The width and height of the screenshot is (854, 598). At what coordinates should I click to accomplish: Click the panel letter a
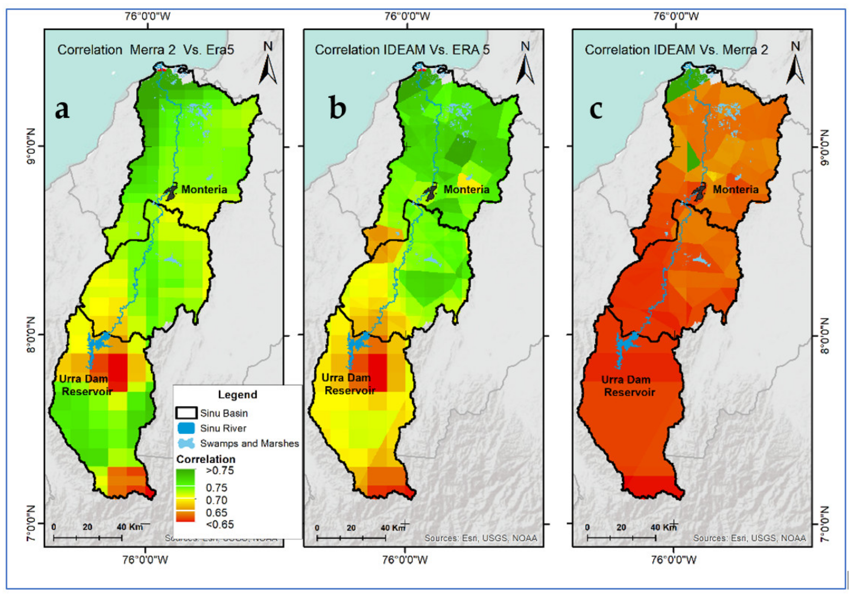pyautogui.click(x=62, y=109)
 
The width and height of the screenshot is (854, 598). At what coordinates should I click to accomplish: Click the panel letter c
pyautogui.click(x=596, y=110)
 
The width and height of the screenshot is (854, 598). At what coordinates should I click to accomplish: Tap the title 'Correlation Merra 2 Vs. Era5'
pyautogui.click(x=146, y=50)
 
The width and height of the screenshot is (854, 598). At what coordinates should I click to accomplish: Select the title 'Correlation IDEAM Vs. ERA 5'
pyautogui.click(x=402, y=50)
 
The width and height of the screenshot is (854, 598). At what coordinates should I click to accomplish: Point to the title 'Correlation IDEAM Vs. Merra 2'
pyautogui.click(x=676, y=50)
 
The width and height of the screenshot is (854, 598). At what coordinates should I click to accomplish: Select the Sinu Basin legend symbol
pyautogui.click(x=186, y=413)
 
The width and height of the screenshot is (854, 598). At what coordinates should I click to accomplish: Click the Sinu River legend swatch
pyautogui.click(x=186, y=428)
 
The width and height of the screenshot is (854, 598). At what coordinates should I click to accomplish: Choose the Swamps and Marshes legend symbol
pyautogui.click(x=186, y=443)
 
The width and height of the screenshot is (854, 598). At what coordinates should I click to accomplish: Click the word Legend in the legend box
pyautogui.click(x=237, y=395)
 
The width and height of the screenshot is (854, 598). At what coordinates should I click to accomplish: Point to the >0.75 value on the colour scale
pyautogui.click(x=220, y=471)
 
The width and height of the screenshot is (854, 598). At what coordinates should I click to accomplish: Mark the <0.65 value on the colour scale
pyautogui.click(x=220, y=525)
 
